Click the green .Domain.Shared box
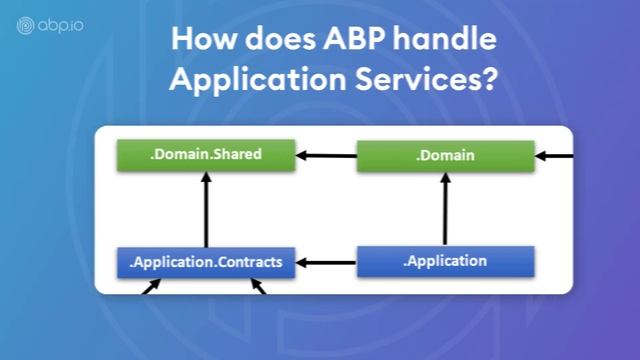206,155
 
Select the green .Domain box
445,156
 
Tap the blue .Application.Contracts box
206,263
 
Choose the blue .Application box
445,262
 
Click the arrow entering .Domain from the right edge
554,156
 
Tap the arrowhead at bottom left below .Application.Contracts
152,287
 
